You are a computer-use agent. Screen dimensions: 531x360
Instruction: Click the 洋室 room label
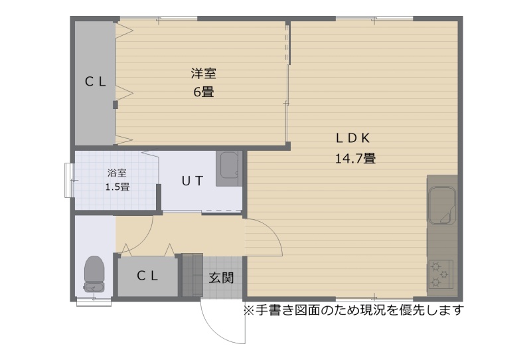coord(203,74)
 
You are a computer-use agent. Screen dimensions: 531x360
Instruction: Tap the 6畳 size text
coord(204,92)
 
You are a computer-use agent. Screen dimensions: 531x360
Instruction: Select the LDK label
coord(352,138)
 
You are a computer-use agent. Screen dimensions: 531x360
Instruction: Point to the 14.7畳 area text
coord(355,158)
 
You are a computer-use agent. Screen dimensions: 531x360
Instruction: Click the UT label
coord(192,181)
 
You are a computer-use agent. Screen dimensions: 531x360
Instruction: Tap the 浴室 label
coord(117,173)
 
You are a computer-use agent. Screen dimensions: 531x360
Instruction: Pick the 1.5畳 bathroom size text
coord(117,187)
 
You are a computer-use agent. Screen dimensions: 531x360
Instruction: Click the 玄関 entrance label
coord(221,278)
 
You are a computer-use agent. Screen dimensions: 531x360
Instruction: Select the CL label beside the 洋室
coord(95,82)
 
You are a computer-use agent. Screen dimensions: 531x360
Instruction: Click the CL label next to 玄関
coord(147,276)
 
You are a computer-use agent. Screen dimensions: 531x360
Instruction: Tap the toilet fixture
coord(94,274)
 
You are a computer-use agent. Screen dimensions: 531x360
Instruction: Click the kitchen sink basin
coord(442,205)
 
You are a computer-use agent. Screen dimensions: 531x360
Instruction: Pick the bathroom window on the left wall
coord(69,181)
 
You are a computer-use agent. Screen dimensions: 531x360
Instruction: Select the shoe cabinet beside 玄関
coord(192,275)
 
